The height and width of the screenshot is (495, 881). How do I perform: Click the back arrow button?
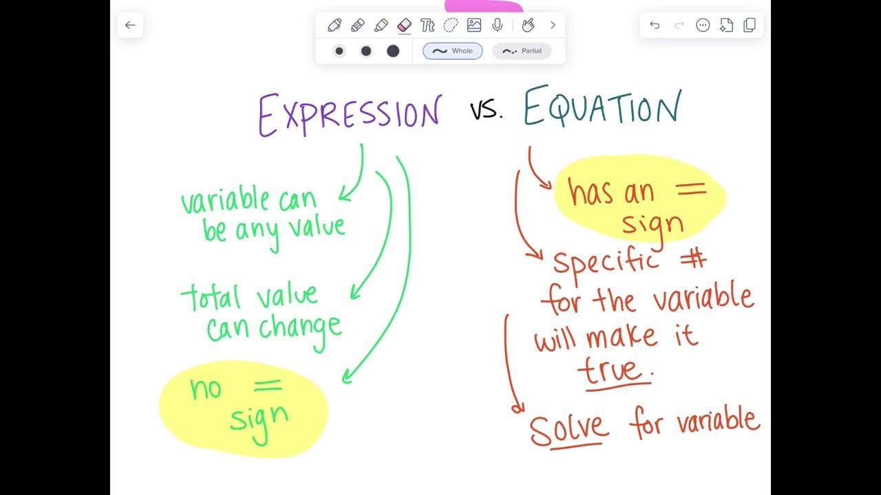click(x=130, y=25)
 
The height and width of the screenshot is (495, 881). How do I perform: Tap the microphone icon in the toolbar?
click(x=497, y=25)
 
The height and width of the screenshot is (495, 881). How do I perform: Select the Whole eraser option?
click(x=452, y=51)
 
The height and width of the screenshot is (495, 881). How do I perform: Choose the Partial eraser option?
click(x=522, y=51)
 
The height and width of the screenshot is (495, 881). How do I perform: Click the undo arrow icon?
click(x=655, y=25)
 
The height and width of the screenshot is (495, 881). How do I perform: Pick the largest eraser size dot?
click(x=393, y=51)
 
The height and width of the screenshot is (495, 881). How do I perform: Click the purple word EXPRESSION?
click(x=349, y=114)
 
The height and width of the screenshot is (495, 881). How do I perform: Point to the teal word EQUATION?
click(x=602, y=108)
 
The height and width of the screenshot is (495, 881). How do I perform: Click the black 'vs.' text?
click(x=486, y=110)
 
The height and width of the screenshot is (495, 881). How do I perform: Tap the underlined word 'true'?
click(x=613, y=371)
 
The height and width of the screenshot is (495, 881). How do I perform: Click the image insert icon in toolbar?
click(x=474, y=25)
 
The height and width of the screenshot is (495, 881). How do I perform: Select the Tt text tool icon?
click(x=427, y=25)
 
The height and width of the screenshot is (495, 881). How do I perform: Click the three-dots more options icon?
click(x=703, y=25)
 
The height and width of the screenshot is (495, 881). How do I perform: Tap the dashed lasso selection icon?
click(x=451, y=25)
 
